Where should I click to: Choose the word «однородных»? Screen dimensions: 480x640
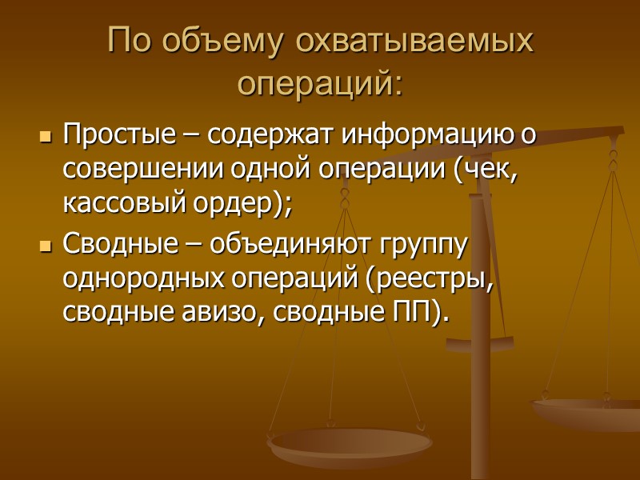[134, 279]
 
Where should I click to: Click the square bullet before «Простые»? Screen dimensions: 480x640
[45, 137]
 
